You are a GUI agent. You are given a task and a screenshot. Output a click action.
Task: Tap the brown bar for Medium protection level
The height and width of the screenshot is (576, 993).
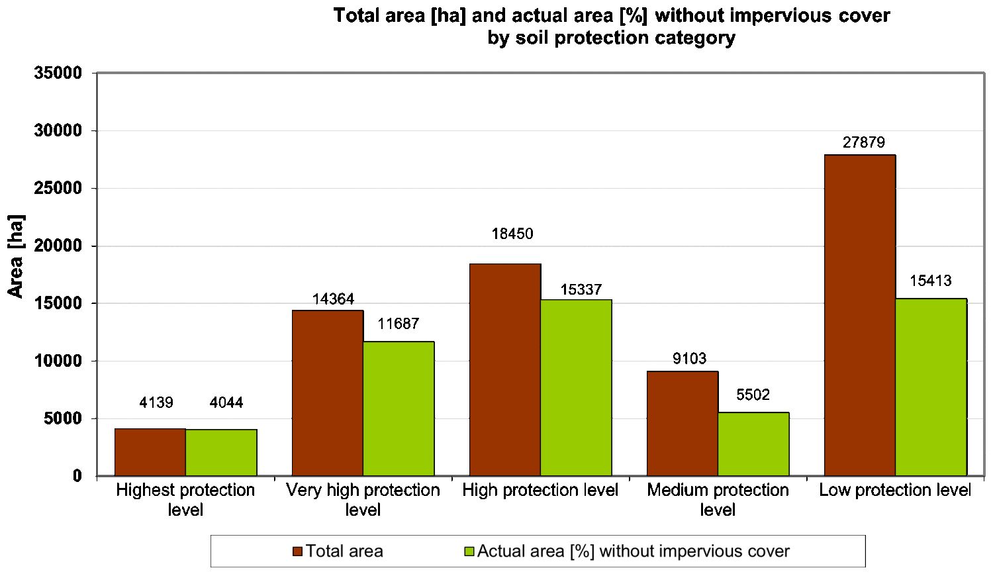[682, 423]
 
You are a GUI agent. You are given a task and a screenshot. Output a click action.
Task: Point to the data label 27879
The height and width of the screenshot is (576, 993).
[863, 142]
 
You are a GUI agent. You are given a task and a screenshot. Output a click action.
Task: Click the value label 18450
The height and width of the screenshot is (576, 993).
[512, 234]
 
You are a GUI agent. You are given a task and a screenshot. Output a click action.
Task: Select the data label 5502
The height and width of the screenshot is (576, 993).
[753, 395]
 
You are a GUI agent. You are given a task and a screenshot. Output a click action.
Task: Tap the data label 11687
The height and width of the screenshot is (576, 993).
[398, 324]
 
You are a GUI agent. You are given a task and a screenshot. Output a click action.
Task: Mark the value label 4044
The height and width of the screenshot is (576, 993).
[226, 403]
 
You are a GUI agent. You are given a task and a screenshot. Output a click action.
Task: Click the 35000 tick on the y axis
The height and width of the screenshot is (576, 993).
[58, 73]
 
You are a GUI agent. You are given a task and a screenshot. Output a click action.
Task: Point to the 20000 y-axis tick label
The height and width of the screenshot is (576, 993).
[58, 246]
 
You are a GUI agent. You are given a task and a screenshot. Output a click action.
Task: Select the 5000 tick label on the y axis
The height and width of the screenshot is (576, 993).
[63, 419]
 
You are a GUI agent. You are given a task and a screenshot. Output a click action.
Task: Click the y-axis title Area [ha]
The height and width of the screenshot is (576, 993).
[16, 256]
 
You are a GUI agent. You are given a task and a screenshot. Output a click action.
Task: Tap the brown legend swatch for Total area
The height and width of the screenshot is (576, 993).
[297, 552]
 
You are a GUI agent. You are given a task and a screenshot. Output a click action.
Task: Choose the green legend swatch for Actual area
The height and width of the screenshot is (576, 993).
[469, 552]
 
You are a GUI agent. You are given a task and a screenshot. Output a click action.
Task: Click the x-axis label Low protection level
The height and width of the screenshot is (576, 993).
[894, 491]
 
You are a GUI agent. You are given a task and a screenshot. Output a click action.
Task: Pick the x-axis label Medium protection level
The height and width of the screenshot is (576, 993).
[718, 500]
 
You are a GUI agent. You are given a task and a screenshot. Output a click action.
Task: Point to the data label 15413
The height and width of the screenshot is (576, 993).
[930, 281]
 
